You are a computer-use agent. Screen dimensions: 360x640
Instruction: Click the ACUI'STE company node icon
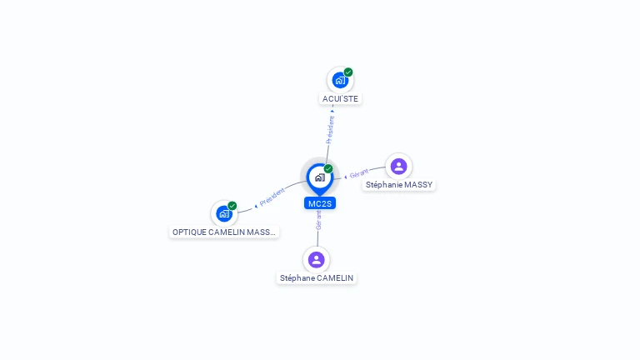pos(339,81)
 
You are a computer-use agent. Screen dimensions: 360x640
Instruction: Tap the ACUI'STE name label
pos(341,99)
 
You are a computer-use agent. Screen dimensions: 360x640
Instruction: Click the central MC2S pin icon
pos(319,177)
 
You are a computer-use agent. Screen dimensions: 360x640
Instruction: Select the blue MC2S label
pos(320,203)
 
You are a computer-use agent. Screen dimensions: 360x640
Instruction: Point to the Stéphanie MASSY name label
pos(399,185)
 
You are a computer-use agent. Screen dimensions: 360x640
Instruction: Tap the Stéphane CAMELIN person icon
pos(316,260)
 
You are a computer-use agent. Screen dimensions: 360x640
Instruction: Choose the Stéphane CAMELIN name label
pos(317,278)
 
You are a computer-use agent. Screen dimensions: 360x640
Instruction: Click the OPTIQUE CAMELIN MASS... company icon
pos(223,214)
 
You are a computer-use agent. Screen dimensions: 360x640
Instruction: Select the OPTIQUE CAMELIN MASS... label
pos(223,232)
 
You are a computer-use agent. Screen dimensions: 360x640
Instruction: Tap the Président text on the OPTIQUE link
pos(272,197)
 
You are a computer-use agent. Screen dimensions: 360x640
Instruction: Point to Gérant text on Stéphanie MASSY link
pos(359,173)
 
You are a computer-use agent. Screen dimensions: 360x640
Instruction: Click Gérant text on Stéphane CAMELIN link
pos(318,221)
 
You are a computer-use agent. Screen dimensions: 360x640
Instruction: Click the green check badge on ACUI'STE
pos(348,72)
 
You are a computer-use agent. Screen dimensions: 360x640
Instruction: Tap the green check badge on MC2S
pos(328,169)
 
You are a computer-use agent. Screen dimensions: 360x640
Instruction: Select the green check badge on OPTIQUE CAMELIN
pos(232,206)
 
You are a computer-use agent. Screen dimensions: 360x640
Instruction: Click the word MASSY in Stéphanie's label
pos(417,185)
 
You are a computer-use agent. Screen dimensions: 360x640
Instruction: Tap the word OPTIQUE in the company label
pos(189,232)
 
